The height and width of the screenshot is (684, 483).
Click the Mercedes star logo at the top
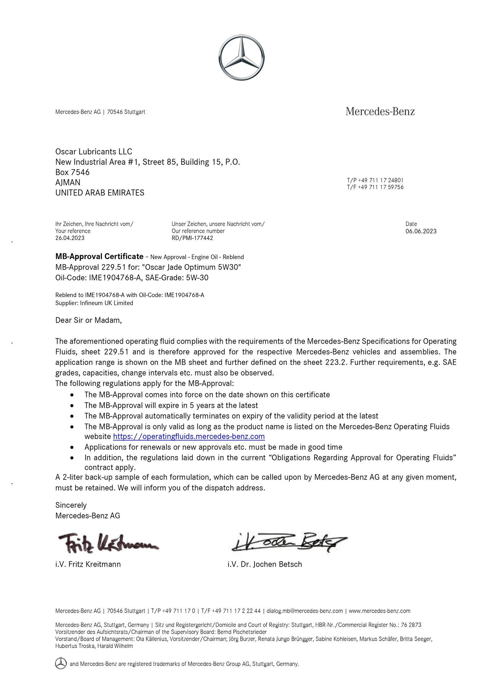click(241, 57)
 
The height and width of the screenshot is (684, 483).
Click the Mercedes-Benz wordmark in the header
click(380, 112)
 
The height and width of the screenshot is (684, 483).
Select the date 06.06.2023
click(421, 231)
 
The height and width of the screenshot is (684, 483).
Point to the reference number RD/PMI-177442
click(192, 238)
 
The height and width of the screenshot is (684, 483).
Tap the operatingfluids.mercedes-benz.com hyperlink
click(189, 436)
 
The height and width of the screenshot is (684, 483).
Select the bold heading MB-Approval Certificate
click(99, 256)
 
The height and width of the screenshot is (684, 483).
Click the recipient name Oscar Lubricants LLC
click(94, 151)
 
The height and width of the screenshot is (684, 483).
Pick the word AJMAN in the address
click(68, 182)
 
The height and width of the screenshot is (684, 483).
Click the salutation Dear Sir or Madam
click(88, 320)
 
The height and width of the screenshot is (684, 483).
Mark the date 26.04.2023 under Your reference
click(70, 238)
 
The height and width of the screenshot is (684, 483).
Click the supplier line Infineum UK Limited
click(106, 303)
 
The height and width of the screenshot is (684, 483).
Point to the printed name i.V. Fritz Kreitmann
click(88, 564)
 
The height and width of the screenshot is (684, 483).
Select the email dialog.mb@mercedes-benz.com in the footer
click(305, 611)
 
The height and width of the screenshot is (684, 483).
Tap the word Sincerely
click(71, 505)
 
